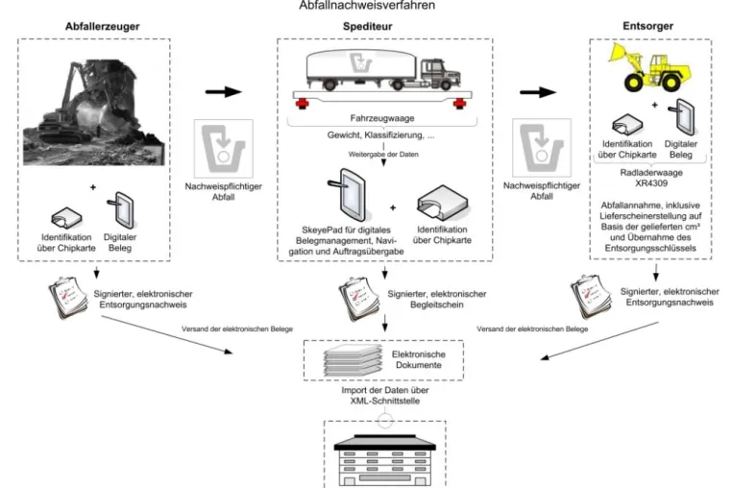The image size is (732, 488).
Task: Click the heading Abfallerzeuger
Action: click(102, 26)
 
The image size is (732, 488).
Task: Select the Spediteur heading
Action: click(367, 26)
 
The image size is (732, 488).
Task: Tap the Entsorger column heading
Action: click(648, 26)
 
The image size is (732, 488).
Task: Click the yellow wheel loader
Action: click(649, 67)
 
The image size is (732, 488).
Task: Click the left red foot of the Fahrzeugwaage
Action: click(302, 103)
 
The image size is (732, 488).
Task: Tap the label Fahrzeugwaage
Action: click(382, 118)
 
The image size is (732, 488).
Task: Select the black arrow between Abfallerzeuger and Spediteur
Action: click(224, 91)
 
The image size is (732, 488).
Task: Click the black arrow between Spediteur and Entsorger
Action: click(538, 92)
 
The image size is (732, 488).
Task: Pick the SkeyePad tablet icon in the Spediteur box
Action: click(347, 194)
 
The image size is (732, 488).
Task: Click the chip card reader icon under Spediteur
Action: click(441, 203)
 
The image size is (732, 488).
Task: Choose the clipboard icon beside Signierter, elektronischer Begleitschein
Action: click(358, 299)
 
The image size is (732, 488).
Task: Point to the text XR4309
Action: click(651, 183)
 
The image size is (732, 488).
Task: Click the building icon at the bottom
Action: click(384, 460)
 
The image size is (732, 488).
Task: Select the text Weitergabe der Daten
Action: click(383, 154)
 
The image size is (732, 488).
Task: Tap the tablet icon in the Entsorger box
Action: click(682, 117)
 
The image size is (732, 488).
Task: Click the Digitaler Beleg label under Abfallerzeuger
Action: click(120, 242)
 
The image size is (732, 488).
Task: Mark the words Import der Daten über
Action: click(385, 390)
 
